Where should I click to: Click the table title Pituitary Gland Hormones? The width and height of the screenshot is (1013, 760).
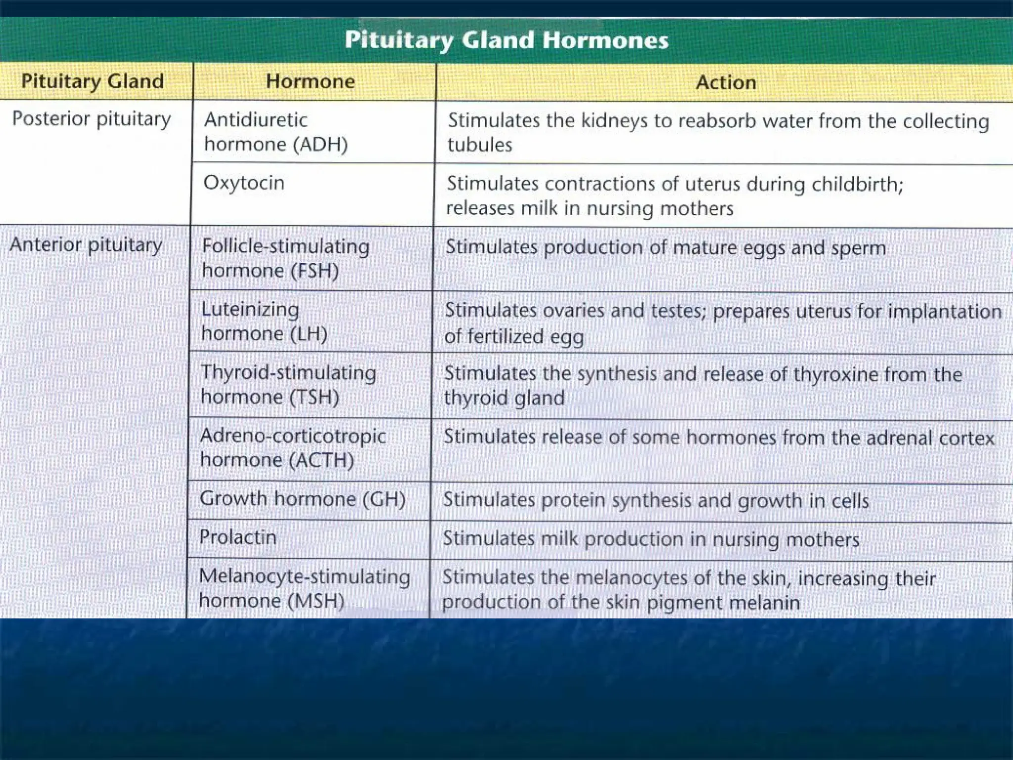pyautogui.click(x=506, y=40)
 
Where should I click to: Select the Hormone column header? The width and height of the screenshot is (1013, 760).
pyautogui.click(x=310, y=81)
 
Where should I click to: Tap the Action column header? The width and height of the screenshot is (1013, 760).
pyautogui.click(x=726, y=82)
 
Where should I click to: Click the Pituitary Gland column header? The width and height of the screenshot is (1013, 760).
pyautogui.click(x=92, y=81)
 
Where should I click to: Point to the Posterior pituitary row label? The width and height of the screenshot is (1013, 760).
pyautogui.click(x=92, y=119)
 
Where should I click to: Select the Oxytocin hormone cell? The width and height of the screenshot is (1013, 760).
pyautogui.click(x=244, y=183)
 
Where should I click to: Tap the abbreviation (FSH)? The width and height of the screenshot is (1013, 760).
pyautogui.click(x=315, y=271)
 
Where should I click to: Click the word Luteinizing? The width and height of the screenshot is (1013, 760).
pyautogui.click(x=250, y=309)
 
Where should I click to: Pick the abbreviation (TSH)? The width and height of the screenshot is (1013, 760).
pyautogui.click(x=314, y=397)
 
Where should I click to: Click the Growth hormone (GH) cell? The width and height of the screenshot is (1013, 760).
pyautogui.click(x=302, y=499)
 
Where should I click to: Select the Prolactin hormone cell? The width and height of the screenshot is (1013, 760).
pyautogui.click(x=237, y=537)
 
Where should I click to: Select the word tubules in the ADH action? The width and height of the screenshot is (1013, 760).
pyautogui.click(x=480, y=145)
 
